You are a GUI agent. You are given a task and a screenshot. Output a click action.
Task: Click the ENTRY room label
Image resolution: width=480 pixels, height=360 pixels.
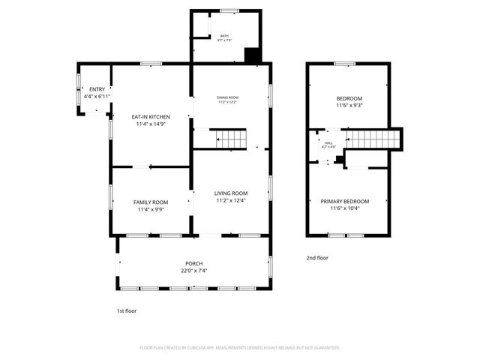pos(97,89)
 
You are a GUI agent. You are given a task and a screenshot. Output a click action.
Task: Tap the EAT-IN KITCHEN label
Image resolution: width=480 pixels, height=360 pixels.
pos(151,117)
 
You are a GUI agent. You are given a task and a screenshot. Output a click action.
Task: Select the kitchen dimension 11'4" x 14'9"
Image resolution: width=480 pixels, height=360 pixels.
pos(151,124)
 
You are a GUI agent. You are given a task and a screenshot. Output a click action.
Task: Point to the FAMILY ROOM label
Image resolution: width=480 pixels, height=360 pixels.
pos(151,202)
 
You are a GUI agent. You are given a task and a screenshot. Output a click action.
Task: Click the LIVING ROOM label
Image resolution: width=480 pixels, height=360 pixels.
pos(231,193)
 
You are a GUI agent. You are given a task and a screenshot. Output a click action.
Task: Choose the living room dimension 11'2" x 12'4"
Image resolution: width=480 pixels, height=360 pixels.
pos(231,200)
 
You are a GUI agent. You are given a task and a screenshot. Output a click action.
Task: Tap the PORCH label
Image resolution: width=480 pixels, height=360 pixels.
pos(193,263)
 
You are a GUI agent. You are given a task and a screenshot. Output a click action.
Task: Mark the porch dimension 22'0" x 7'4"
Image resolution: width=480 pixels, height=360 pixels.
pos(193,271)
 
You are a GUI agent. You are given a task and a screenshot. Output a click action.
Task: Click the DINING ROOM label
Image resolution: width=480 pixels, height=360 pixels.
pos(227,97)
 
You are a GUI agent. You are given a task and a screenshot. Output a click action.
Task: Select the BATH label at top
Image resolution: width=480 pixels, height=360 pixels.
pos(224,36)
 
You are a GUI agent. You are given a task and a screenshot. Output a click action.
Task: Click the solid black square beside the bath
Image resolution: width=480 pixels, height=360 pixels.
pos(253,55)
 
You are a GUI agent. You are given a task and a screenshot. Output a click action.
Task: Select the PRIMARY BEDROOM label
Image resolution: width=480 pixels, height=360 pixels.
pos(345,201)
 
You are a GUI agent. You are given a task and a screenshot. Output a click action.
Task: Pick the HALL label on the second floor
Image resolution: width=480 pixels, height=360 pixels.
pos(328,142)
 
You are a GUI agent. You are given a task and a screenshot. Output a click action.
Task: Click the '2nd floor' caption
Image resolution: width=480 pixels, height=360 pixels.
pos(317,258)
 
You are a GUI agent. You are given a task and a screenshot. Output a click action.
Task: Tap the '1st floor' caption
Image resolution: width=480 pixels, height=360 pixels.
pos(125,310)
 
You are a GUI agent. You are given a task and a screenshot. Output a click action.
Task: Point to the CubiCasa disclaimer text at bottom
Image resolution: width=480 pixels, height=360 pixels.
pos(240,348)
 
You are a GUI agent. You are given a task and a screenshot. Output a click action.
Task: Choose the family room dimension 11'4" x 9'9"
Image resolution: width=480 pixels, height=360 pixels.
pos(151,209)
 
